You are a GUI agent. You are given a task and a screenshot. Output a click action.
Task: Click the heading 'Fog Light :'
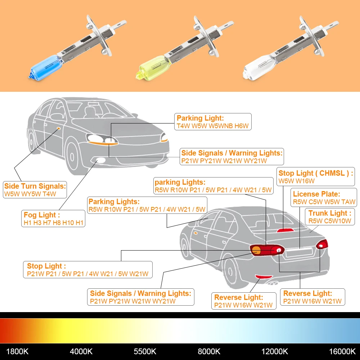[40, 215]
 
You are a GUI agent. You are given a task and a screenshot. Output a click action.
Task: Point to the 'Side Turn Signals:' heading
[35, 186]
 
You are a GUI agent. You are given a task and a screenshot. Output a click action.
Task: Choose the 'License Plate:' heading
[316, 194]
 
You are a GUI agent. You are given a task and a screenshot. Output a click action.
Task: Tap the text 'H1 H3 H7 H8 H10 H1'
[53, 223]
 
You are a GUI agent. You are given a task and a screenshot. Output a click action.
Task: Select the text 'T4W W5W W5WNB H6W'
[212, 126]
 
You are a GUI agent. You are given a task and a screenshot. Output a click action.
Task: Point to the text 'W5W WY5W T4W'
[30, 194]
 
